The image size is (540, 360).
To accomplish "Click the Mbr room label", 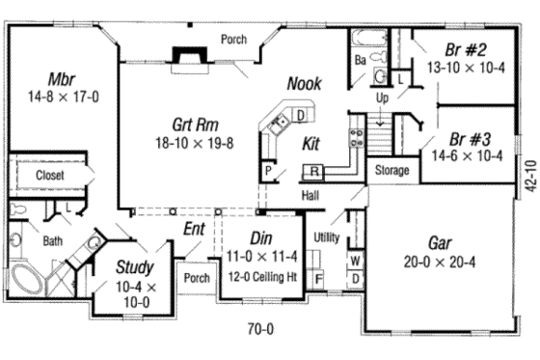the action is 61,77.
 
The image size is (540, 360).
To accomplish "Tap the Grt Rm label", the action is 194,125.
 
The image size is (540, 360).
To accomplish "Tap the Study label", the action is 135,266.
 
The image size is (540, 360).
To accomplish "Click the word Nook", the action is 304,85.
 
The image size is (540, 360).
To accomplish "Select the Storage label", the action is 391,171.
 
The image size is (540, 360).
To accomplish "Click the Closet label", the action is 50,176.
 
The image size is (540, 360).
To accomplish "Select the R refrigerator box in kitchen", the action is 314,172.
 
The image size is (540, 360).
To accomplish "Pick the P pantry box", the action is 270,172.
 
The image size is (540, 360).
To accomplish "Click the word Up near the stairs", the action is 382,98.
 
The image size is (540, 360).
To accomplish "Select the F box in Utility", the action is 318,279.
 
